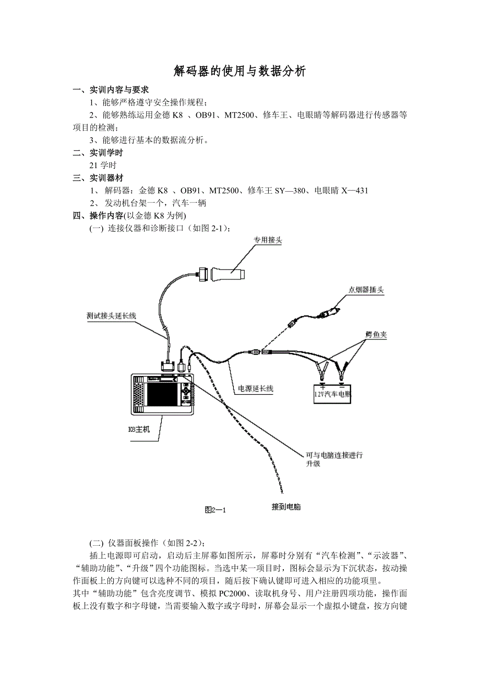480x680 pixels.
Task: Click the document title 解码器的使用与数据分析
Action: click(239, 72)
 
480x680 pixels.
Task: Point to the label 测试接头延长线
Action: click(111, 315)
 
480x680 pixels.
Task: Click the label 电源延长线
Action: click(256, 388)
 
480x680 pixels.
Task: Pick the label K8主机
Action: click(139, 429)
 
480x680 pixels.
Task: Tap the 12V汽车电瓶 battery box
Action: click(332, 394)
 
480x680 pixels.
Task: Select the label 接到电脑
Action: click(286, 507)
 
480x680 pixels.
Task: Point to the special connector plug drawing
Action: click(226, 273)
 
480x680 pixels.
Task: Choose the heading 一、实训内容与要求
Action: click(111, 90)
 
